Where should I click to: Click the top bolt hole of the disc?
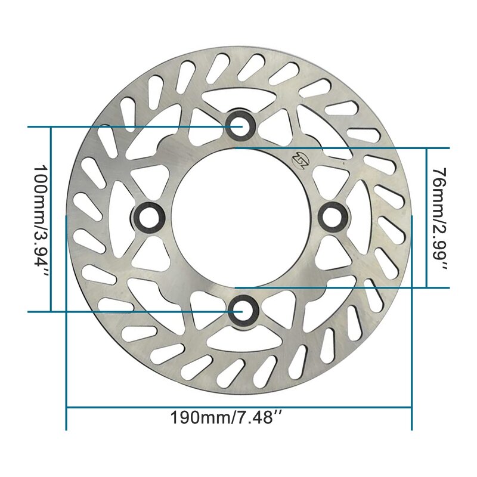pyautogui.click(x=241, y=126)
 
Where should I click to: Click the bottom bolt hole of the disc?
pyautogui.click(x=242, y=311)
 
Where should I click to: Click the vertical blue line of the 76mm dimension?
pyautogui.click(x=426, y=218)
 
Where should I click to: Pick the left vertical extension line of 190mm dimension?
pyautogui.click(x=66, y=322)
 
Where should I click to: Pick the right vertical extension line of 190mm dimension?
pyautogui.click(x=412, y=322)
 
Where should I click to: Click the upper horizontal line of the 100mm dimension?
pyautogui.click(x=131, y=126)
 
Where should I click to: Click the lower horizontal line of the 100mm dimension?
pyautogui.click(x=131, y=311)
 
